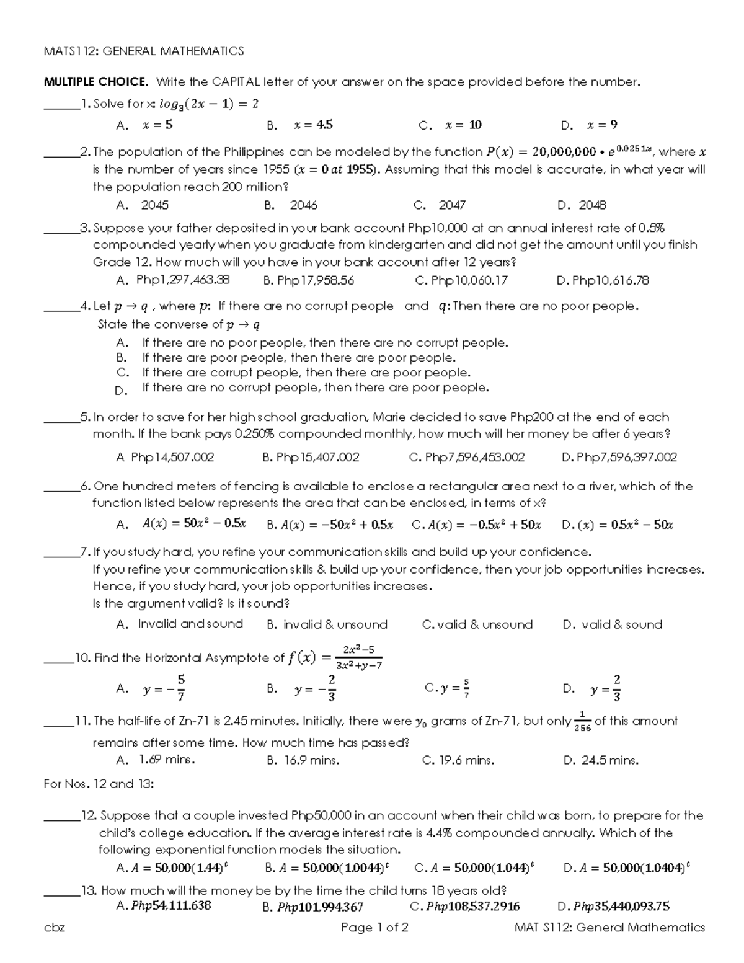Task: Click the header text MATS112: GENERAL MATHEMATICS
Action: coord(144,51)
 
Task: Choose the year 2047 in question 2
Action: coord(452,205)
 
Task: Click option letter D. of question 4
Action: coord(122,391)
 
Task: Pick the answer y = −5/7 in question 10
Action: coord(164,688)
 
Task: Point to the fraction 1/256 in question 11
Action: coord(582,722)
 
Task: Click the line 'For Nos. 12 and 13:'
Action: coord(99,784)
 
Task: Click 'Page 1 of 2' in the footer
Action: coord(374,928)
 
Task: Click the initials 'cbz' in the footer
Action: coord(54,928)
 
